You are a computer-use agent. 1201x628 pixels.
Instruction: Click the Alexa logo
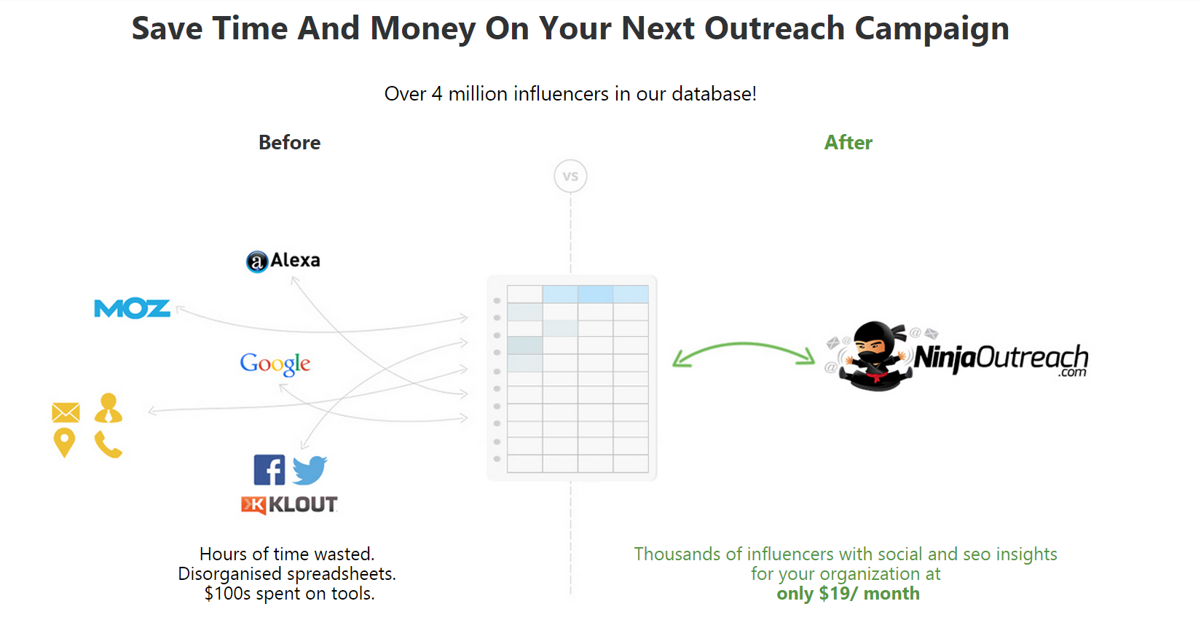pos(283,261)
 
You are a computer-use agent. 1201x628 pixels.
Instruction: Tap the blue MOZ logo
pos(132,308)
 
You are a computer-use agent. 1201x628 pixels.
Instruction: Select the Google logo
pos(275,364)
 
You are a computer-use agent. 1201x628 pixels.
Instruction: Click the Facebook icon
pos(269,470)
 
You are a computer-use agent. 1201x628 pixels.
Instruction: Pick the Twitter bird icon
pos(310,470)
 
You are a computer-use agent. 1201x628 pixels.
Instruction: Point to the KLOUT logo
pos(289,505)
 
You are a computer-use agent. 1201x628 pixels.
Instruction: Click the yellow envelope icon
pos(66,412)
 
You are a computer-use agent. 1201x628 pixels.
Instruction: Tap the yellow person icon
pos(109,408)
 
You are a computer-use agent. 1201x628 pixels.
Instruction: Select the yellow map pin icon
pos(64,442)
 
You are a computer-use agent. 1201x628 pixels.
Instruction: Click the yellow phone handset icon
pos(109,444)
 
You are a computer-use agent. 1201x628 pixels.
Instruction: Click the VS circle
pos(570,176)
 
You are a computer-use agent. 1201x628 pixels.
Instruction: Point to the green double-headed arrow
pos(744,345)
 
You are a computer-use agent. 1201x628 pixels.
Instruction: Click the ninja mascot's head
pos(874,340)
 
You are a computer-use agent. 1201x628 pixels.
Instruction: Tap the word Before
pos(290,143)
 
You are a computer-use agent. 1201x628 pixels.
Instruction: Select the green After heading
pos(848,143)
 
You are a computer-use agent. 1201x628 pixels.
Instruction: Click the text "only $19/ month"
pos(848,594)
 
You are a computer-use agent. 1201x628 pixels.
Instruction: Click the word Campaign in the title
pos(932,28)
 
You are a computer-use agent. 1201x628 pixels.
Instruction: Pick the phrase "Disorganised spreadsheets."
pos(287,574)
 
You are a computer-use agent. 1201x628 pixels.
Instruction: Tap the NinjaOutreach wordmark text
pos(1001,358)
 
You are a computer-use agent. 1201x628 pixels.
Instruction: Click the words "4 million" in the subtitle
pos(470,94)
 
